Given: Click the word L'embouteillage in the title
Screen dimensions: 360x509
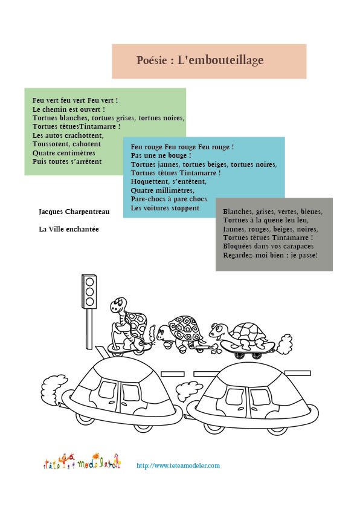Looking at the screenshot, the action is pyautogui.click(x=220, y=60).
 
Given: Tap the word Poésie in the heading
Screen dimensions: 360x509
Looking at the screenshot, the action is pyautogui.click(x=152, y=60).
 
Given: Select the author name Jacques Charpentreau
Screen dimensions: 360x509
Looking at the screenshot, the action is pyautogui.click(x=74, y=212).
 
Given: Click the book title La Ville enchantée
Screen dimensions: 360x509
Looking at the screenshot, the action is pyautogui.click(x=69, y=229).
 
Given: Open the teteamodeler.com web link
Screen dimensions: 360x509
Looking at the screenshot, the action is pyautogui.click(x=178, y=465).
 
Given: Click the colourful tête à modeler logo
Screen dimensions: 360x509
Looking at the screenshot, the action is pyautogui.click(x=82, y=462).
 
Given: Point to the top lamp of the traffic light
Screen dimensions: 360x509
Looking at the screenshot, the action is pyautogui.click(x=89, y=282).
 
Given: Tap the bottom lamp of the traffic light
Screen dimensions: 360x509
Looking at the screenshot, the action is pyautogui.click(x=89, y=302).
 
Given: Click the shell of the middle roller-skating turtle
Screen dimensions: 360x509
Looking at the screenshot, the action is pyautogui.click(x=185, y=328).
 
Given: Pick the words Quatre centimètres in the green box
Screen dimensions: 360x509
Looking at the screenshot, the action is pyautogui.click(x=64, y=153).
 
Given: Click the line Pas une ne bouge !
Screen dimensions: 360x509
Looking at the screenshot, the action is pyautogui.click(x=161, y=155).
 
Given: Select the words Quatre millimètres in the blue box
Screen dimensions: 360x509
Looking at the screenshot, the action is pyautogui.click(x=162, y=190).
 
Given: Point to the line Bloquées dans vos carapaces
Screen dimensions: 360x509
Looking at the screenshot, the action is pyautogui.click(x=268, y=246).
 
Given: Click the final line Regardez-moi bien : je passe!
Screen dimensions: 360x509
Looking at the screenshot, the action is pyautogui.click(x=271, y=255).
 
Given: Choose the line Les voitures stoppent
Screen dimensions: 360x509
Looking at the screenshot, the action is pyautogui.click(x=165, y=208).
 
